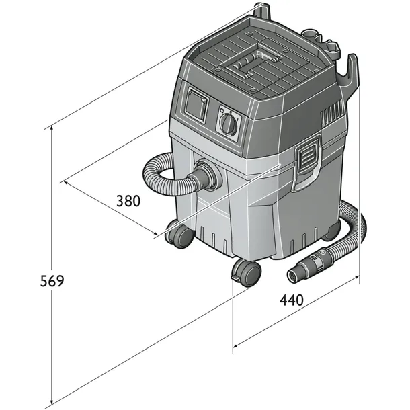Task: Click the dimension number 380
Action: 128,201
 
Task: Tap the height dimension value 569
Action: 50,281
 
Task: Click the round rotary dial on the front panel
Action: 229,124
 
